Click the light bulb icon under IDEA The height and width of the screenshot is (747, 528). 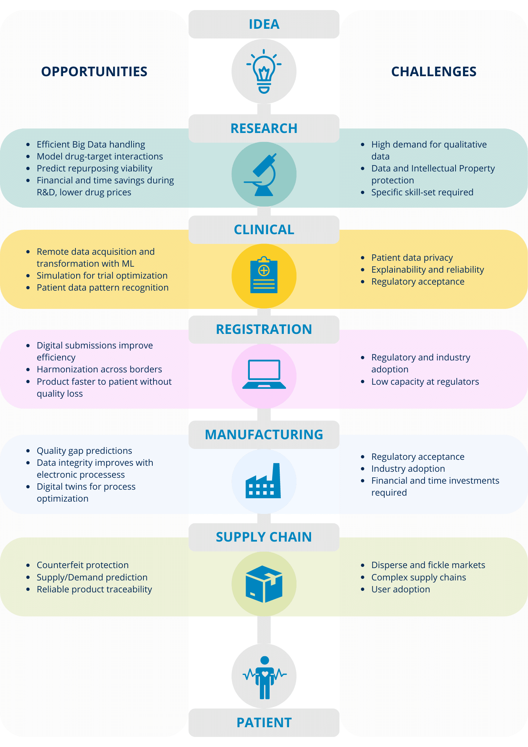pyautogui.click(x=264, y=71)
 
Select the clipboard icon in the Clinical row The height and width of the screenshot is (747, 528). pyautogui.click(x=264, y=275)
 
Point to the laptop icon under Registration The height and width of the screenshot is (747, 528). pyautogui.click(x=264, y=374)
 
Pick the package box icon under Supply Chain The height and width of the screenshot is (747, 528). pyautogui.click(x=264, y=584)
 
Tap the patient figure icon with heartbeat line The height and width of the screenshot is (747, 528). pyautogui.click(x=264, y=677)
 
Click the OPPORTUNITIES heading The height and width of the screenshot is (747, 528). pyautogui.click(x=94, y=71)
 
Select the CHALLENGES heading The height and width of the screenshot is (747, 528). pyautogui.click(x=434, y=71)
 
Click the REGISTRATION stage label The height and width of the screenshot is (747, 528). pyautogui.click(x=264, y=329)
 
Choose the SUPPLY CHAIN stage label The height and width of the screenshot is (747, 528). pyautogui.click(x=264, y=537)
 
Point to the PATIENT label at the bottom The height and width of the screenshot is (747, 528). pyautogui.click(x=264, y=723)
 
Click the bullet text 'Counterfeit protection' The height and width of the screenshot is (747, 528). pyautogui.click(x=83, y=565)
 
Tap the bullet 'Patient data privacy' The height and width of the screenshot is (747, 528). pyautogui.click(x=412, y=258)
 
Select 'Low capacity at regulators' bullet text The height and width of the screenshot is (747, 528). pyautogui.click(x=425, y=382)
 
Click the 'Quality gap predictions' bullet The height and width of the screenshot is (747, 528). pyautogui.click(x=84, y=451)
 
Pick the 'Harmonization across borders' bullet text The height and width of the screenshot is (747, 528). pyautogui.click(x=99, y=369)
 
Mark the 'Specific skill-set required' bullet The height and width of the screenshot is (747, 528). pyautogui.click(x=422, y=192)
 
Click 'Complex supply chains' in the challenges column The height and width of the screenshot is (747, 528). pyautogui.click(x=419, y=577)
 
